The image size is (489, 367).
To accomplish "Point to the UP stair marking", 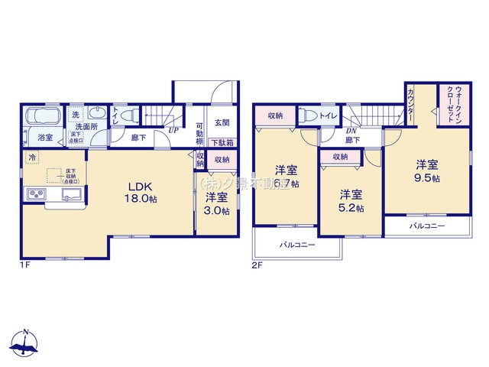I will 174,130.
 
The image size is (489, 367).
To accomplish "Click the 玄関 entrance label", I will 222,122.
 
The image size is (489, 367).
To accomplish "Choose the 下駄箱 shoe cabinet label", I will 222,143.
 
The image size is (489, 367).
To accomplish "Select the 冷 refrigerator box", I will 32,158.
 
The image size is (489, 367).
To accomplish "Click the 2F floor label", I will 257,265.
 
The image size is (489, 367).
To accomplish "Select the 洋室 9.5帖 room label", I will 426,171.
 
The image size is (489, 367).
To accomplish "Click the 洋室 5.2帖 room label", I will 351,200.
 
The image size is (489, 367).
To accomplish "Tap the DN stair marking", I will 353,131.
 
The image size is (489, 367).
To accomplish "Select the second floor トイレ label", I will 329,116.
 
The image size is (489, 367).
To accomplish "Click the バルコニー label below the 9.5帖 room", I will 426,226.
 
